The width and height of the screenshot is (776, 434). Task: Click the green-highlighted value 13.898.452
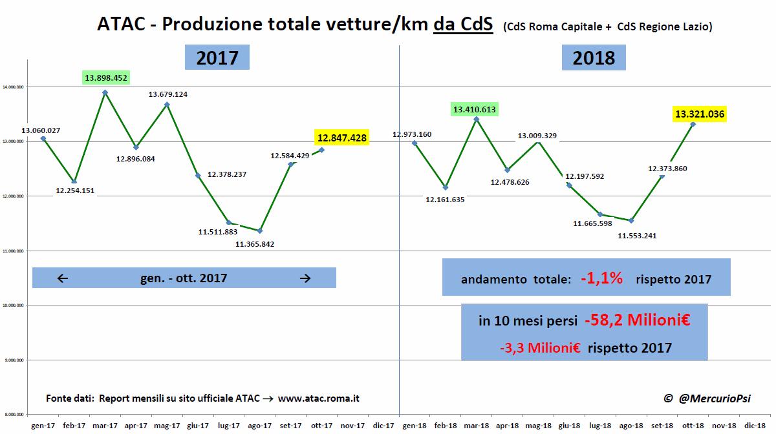click(107, 78)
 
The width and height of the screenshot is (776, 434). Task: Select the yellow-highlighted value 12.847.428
click(341, 137)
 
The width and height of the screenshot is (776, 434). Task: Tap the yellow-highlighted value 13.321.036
click(700, 114)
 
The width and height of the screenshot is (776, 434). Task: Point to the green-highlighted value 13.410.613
click(475, 110)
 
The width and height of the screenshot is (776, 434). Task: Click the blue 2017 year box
click(217, 57)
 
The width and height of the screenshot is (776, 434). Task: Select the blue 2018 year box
click(594, 57)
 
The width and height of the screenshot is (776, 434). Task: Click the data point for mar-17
click(105, 92)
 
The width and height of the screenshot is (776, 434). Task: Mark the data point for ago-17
click(260, 231)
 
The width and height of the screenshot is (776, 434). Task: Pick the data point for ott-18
click(693, 124)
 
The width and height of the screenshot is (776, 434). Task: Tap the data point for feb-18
click(446, 187)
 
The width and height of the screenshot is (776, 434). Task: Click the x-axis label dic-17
click(384, 426)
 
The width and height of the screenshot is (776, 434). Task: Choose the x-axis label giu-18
click(570, 426)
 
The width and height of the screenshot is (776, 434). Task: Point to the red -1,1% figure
click(601, 278)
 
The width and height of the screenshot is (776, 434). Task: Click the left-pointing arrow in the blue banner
click(63, 278)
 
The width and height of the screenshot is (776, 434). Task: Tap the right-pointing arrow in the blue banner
click(306, 278)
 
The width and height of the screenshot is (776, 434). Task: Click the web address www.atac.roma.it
click(319, 398)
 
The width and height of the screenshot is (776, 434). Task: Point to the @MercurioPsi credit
click(710, 399)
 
